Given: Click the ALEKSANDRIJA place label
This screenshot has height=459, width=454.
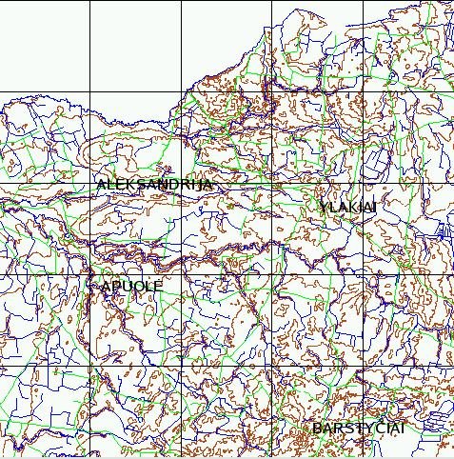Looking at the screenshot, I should coord(154,185).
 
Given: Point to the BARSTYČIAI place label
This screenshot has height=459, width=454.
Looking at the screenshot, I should coord(359,429).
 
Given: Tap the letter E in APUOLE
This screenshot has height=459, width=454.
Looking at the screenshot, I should coord(159,286).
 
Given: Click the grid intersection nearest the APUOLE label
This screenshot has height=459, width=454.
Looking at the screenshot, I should coord(89,274).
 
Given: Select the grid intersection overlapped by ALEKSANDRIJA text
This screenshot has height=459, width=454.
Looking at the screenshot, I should coord(181,183).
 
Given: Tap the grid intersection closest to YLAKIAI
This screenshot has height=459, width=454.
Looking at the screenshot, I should coord(364,183).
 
